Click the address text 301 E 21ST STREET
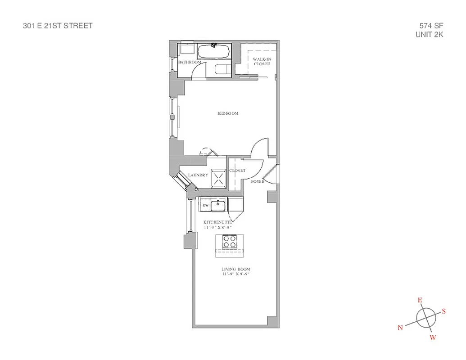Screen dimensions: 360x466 tap(58, 26)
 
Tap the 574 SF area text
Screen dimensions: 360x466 tap(430, 26)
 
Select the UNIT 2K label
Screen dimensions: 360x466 tap(429, 34)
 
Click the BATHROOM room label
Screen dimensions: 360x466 tap(189, 62)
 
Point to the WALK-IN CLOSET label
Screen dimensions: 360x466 tap(262, 62)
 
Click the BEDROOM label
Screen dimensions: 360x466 tap(228, 113)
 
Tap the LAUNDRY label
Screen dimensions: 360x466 tap(198, 175)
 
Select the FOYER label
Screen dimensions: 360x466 tap(258, 181)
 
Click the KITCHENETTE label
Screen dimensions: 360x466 tap(217, 222)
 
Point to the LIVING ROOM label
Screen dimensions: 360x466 tap(235, 269)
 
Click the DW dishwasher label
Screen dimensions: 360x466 tap(205, 206)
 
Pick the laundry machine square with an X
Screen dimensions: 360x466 tap(219, 178)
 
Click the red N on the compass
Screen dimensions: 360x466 tap(400, 328)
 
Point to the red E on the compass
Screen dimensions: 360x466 tap(420, 300)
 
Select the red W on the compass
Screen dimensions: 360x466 tap(433, 338)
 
